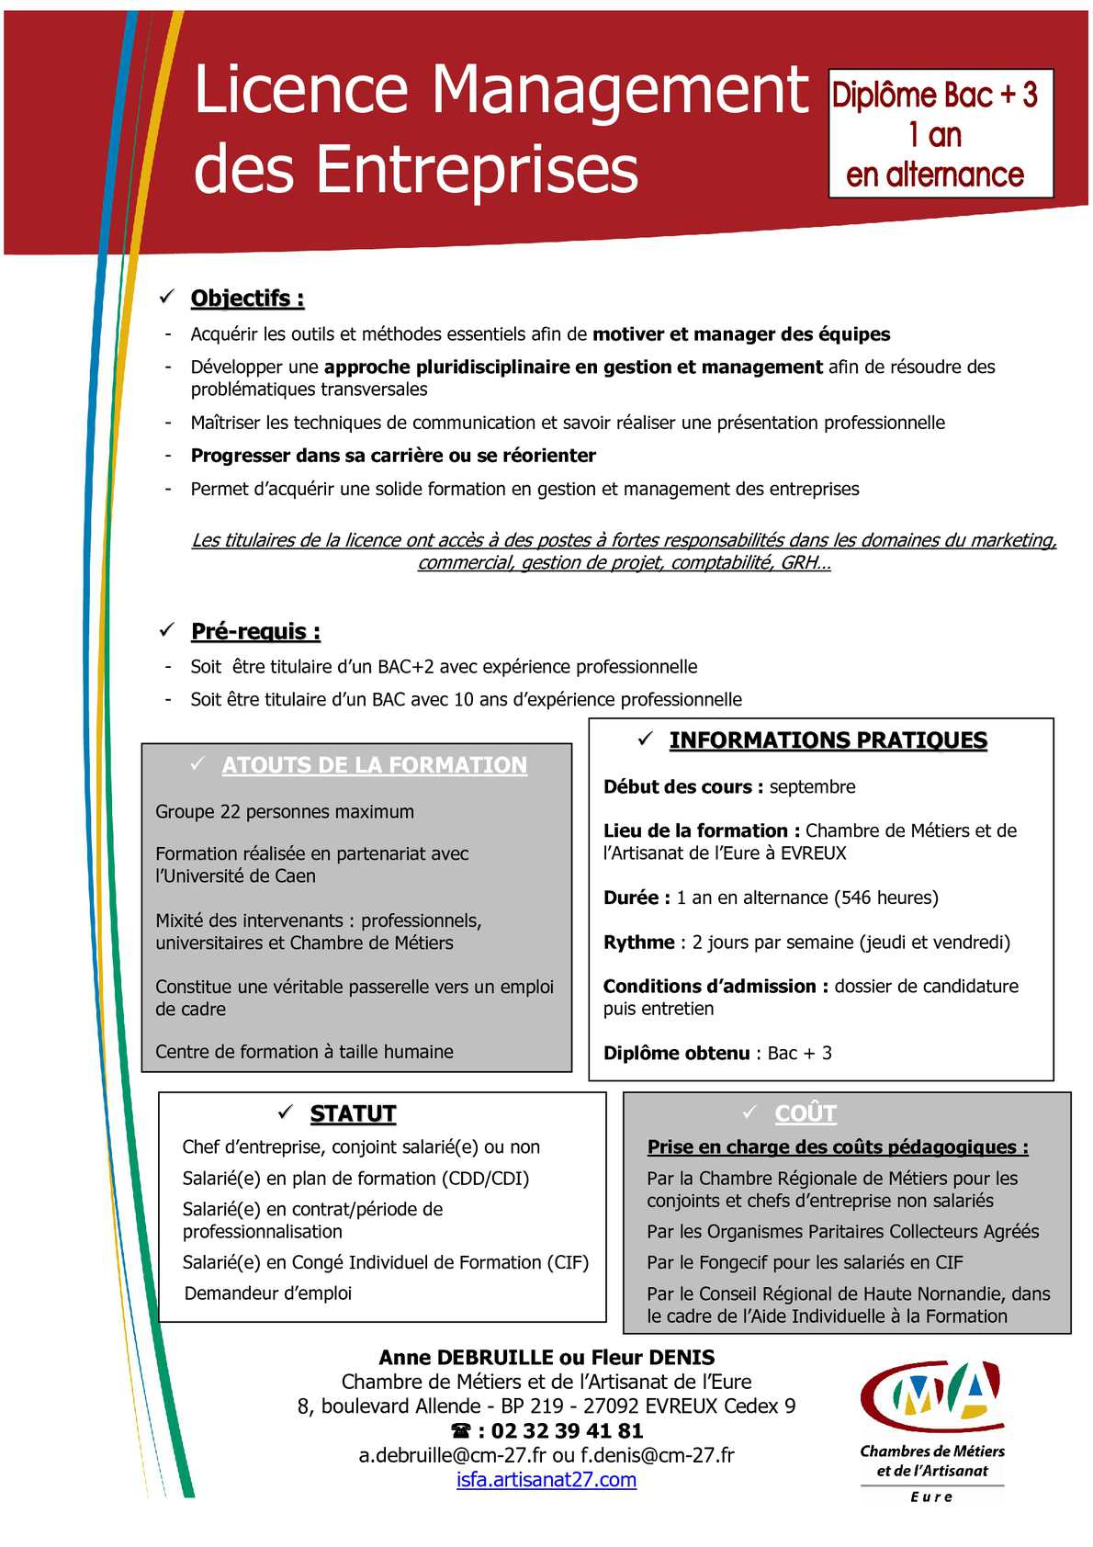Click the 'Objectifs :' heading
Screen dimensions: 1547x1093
(x=247, y=299)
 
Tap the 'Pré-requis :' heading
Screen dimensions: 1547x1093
(x=255, y=632)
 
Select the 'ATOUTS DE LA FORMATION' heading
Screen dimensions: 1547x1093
(x=375, y=765)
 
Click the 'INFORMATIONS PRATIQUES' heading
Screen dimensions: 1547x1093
(x=828, y=740)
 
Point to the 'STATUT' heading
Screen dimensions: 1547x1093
(x=353, y=1113)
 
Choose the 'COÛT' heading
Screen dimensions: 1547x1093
(x=806, y=1113)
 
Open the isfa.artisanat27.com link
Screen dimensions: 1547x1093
(x=546, y=1480)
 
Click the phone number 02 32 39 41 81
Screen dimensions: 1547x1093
(x=567, y=1431)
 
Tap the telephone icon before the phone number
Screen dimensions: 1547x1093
(x=461, y=1431)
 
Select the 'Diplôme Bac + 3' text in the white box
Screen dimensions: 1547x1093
(x=934, y=95)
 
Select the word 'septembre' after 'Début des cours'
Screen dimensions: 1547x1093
(x=812, y=787)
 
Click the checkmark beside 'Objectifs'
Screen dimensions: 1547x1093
(x=167, y=297)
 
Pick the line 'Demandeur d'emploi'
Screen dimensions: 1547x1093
(x=268, y=1293)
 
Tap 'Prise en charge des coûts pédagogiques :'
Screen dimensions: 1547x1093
(x=838, y=1147)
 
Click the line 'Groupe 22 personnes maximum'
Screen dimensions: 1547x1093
(x=285, y=812)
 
